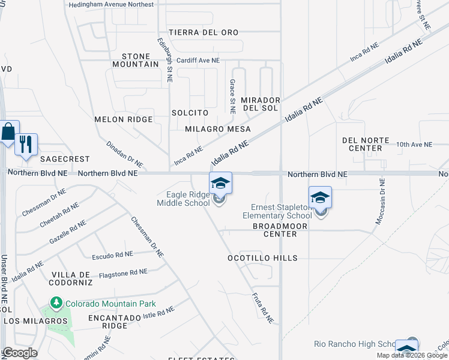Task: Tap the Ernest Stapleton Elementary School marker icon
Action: click(321, 197)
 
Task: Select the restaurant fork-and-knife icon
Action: click(26, 145)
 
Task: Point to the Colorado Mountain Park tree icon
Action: click(57, 302)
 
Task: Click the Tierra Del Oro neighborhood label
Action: click(203, 32)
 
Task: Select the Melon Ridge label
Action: click(124, 119)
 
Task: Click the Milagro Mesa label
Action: click(217, 129)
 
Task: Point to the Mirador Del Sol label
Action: click(260, 104)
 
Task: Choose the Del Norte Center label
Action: click(370, 143)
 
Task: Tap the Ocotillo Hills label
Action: click(262, 258)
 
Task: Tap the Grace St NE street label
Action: click(232, 96)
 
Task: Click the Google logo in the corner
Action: click(20, 353)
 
